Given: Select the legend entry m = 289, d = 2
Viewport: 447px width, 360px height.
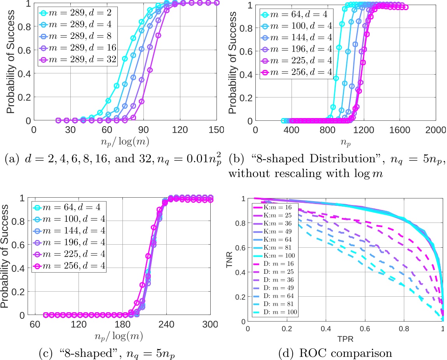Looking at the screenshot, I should point(86,13).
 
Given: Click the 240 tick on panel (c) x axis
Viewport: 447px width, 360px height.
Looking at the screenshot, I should point(166,325).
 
